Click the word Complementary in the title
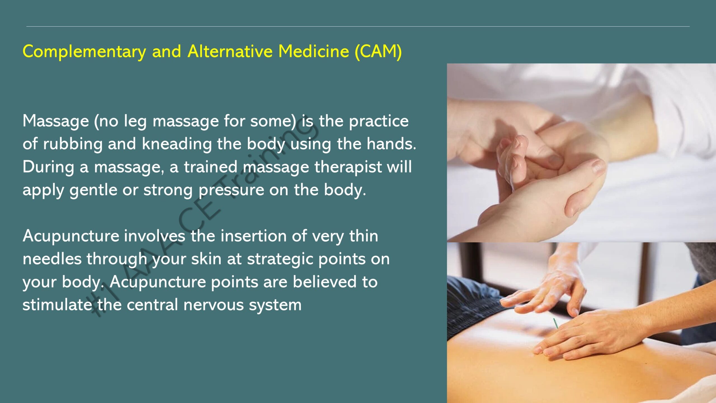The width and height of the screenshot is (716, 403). (84, 52)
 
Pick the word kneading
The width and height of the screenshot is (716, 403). (177, 144)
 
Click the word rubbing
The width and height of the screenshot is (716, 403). (73, 144)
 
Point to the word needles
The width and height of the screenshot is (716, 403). (52, 259)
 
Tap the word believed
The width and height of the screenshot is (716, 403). (324, 282)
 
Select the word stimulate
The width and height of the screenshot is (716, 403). (57, 305)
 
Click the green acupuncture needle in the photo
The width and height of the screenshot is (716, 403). (555, 323)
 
